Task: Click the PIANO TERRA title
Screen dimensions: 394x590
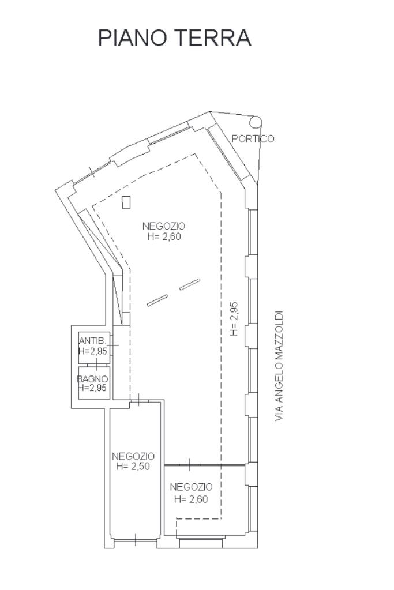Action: coord(174,37)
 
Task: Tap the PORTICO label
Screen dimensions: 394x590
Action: coord(253,138)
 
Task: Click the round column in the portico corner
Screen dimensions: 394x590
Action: coord(256,122)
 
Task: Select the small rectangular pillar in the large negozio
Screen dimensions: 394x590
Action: coord(126,202)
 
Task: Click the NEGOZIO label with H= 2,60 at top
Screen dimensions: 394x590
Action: coord(164,226)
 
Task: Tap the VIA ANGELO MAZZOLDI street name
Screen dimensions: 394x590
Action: coord(280,366)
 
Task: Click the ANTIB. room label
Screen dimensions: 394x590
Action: coord(92,340)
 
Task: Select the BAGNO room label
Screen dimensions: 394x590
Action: coord(92,379)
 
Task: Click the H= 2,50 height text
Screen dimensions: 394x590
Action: coord(133,467)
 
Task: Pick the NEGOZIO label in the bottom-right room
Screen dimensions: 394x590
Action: coord(192,487)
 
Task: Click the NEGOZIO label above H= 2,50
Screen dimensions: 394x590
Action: coord(133,456)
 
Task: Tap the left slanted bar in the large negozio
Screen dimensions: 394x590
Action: coord(157,300)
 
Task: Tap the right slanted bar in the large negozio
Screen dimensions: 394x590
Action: coord(190,284)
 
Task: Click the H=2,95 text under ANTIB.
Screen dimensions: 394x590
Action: coord(92,350)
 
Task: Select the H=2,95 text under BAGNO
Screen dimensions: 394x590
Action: coord(92,388)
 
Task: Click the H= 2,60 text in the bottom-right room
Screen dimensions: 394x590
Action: coord(190,499)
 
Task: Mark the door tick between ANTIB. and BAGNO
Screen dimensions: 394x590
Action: coord(94,364)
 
